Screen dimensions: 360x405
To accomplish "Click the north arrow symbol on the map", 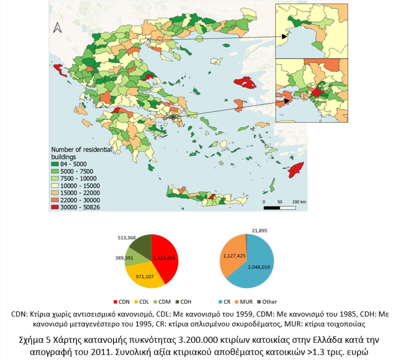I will point(57,28).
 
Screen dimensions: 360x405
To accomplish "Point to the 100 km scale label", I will point(299,202).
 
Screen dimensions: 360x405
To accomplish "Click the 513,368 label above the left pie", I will point(126,237).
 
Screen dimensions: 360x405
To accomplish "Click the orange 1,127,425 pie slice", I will point(232,256).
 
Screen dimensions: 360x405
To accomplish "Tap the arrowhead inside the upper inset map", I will point(284,37).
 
